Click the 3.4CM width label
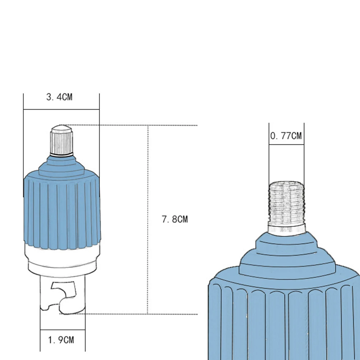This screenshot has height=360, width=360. click(59, 97)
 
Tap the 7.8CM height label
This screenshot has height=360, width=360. click(175, 219)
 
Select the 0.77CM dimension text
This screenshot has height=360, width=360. click(286, 136)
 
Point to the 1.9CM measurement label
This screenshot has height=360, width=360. click(61, 340)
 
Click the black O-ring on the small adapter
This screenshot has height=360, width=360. click(61, 155)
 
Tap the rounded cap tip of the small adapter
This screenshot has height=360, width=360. click(61, 128)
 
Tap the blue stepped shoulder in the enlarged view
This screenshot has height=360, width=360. click(286, 255)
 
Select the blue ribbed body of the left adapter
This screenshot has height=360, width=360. click(62, 212)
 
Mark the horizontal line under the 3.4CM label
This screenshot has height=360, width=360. click(61, 109)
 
